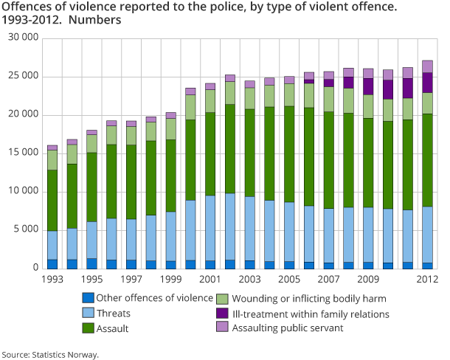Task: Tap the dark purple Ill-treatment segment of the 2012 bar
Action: click(427, 83)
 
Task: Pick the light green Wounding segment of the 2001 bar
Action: click(210, 101)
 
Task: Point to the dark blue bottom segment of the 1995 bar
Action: click(91, 263)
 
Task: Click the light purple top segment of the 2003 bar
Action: click(249, 84)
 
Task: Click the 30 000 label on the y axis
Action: click(24, 38)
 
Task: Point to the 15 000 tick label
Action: click(24, 153)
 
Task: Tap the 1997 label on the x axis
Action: click(131, 280)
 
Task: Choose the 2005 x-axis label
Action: click(289, 280)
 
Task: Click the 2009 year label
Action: click(368, 280)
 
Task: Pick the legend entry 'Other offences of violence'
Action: click(154, 298)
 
